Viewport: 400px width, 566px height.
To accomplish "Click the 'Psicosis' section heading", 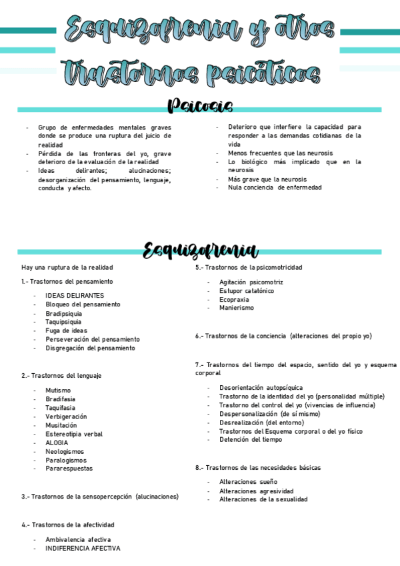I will (200, 105).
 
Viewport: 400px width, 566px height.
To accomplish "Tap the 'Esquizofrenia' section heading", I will (200, 250).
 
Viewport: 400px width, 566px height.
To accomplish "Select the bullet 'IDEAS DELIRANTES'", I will (75, 296).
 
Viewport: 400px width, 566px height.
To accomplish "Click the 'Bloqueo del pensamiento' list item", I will (83, 304).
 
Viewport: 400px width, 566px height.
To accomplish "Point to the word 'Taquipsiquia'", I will (63, 322).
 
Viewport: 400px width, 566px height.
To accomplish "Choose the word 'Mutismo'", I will (57, 390).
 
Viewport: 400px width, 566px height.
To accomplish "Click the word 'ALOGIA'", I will (57, 443).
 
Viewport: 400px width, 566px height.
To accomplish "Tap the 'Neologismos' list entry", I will (65, 451).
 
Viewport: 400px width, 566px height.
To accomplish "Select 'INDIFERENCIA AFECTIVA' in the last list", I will (83, 548).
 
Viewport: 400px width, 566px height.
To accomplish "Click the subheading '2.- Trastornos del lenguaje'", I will (61, 376).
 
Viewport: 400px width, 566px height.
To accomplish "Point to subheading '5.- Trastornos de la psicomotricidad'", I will (249, 268).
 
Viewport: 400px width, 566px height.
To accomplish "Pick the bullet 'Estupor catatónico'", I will (246, 291).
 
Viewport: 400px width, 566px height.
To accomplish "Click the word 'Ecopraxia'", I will (234, 300).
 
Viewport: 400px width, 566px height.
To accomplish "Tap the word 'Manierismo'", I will (236, 308).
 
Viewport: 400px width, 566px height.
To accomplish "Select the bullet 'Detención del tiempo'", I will (250, 440).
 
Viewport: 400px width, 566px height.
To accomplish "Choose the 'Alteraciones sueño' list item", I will (248, 482).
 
